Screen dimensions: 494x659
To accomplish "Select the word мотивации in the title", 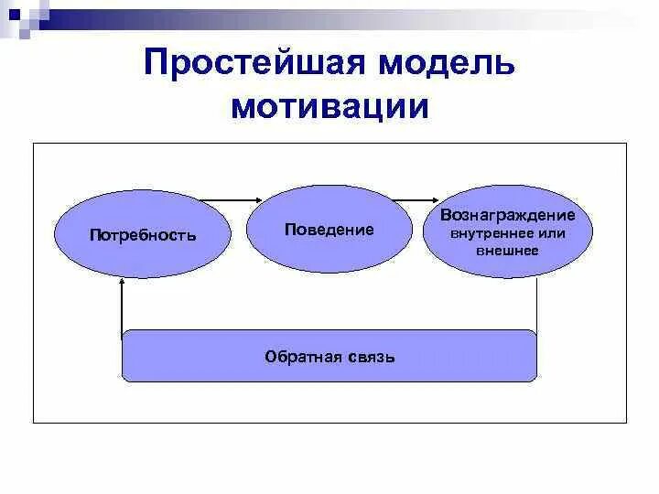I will pyautogui.click(x=329, y=106).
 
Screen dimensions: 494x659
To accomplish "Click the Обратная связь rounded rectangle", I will pyautogui.click(x=329, y=356).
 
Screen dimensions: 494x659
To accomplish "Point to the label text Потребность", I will pyautogui.click(x=143, y=235).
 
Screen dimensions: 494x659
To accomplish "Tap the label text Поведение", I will pyautogui.click(x=329, y=230).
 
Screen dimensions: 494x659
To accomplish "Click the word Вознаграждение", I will pyautogui.click(x=507, y=215).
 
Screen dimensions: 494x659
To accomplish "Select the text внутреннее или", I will pyautogui.click(x=507, y=233).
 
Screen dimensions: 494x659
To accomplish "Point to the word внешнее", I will pyautogui.click(x=507, y=250).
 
